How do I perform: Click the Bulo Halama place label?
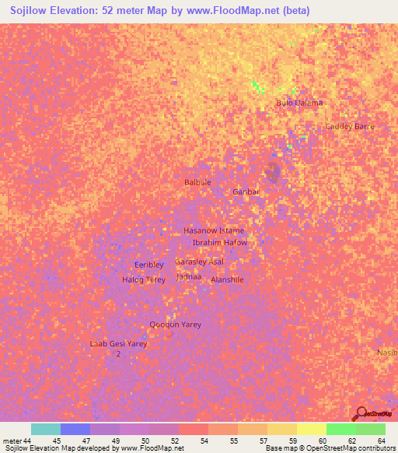(x=299, y=103)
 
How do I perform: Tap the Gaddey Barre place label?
(x=350, y=126)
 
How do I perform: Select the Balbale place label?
(x=197, y=182)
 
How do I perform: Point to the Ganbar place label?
(x=246, y=191)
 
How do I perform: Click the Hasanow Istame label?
(x=213, y=231)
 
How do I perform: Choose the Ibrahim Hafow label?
(x=220, y=243)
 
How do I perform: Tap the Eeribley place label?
(x=149, y=265)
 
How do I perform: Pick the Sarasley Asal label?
(x=200, y=262)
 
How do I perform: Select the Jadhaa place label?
(x=189, y=276)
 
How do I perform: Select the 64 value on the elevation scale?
(x=382, y=441)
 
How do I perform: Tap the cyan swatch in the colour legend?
(x=46, y=429)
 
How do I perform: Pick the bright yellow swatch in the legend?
(x=311, y=429)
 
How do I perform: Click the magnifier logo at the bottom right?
(x=360, y=414)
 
